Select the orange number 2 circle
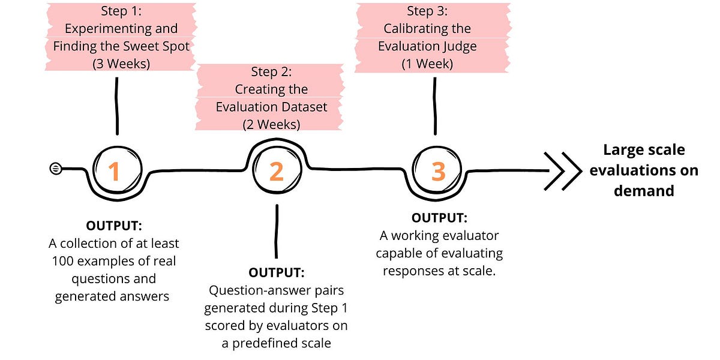pyautogui.click(x=276, y=172)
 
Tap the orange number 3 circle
pyautogui.click(x=439, y=172)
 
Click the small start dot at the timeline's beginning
pyautogui.click(x=55, y=169)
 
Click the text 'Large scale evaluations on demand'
pyautogui.click(x=644, y=170)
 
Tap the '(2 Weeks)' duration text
pyautogui.click(x=271, y=125)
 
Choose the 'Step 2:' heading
pyautogui.click(x=271, y=72)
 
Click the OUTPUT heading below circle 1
pyautogui.click(x=113, y=226)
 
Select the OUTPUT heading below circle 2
pyautogui.click(x=276, y=273)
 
